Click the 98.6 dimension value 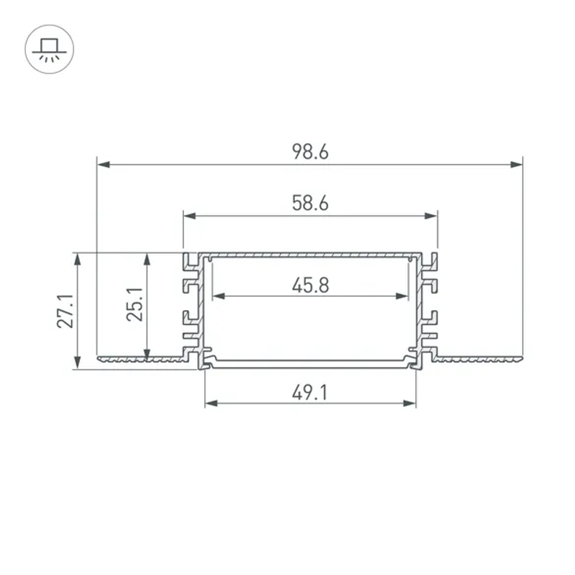click(310, 152)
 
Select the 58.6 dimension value click(310, 203)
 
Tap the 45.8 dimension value click(310, 285)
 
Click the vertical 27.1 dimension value click(66, 311)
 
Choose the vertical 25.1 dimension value click(135, 305)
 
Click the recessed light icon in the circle click(49, 49)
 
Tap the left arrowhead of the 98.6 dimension click(103, 164)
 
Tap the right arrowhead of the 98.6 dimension click(516, 164)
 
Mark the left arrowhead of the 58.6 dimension click(190, 216)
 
